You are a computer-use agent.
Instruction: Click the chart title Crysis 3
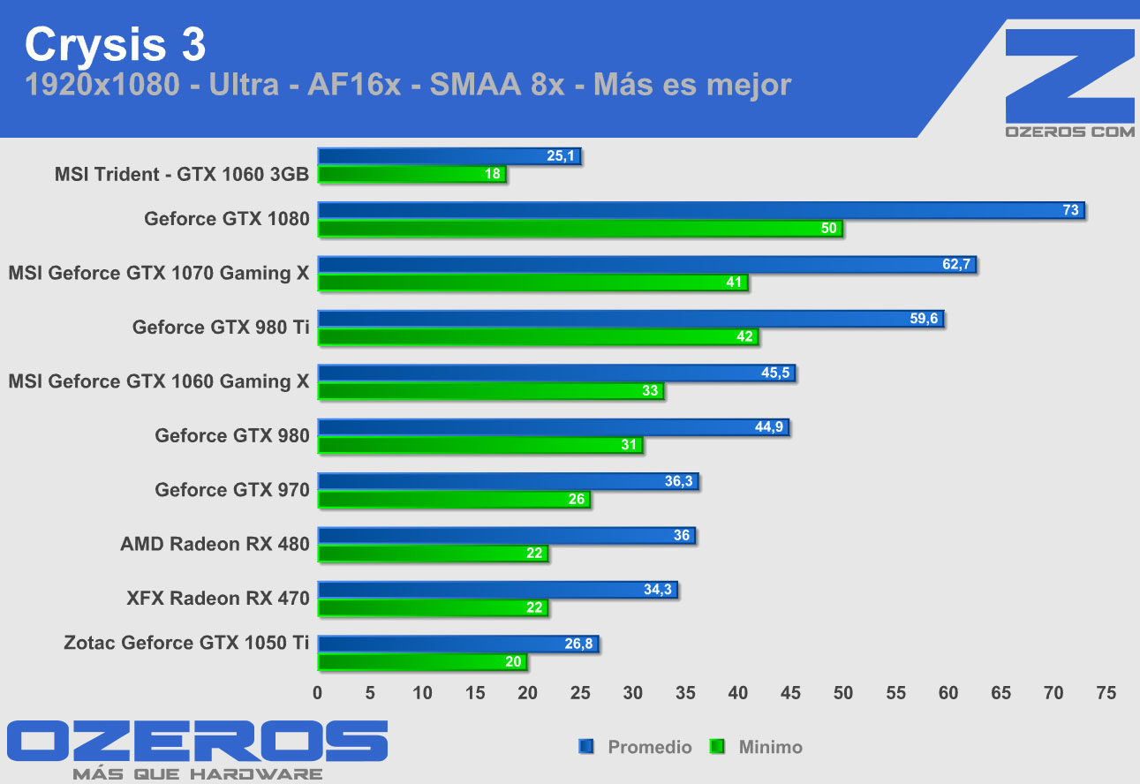coord(116,44)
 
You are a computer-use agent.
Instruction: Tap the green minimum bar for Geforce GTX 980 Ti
coord(538,336)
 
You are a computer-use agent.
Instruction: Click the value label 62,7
coord(956,264)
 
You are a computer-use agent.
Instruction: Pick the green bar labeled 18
coord(411,175)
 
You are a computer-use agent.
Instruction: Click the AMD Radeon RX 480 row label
coord(215,544)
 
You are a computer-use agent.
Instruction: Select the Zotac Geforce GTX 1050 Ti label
coord(186,643)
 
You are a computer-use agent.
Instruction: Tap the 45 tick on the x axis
coord(790,693)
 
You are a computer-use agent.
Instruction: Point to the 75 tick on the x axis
coord(1105,693)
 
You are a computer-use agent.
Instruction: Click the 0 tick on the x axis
coord(318,693)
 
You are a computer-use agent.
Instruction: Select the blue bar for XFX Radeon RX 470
coord(497,590)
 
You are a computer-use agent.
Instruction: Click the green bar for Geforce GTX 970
coord(454,500)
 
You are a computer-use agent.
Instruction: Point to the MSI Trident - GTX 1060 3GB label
coord(182,174)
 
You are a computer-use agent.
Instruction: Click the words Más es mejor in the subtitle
coord(691,85)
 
